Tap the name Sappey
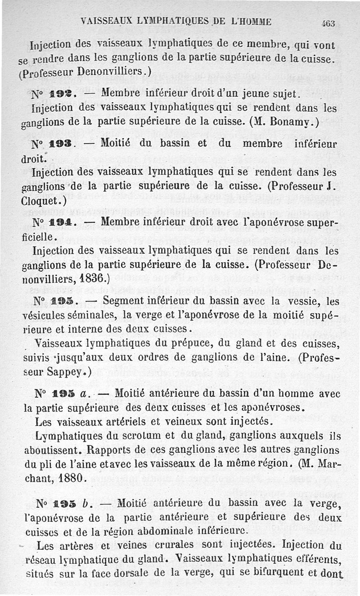coord(66,372)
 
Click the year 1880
coord(72,478)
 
